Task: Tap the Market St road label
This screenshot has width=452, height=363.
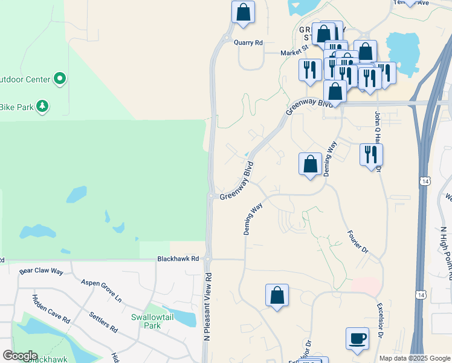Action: (x=294, y=53)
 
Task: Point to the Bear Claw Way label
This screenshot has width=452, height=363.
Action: (x=41, y=272)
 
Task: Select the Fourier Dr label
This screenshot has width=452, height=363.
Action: (x=358, y=240)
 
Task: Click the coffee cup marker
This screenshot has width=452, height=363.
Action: (x=357, y=338)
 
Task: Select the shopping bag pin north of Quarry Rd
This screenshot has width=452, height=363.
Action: (x=243, y=12)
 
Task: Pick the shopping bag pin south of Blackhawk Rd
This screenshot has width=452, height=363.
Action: (x=277, y=296)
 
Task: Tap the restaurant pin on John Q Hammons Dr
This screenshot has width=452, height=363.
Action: (x=371, y=154)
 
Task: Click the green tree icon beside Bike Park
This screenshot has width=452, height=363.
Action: (x=42, y=107)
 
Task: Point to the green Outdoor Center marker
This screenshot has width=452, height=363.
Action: (x=60, y=79)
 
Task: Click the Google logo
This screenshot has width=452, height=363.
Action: (x=20, y=356)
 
